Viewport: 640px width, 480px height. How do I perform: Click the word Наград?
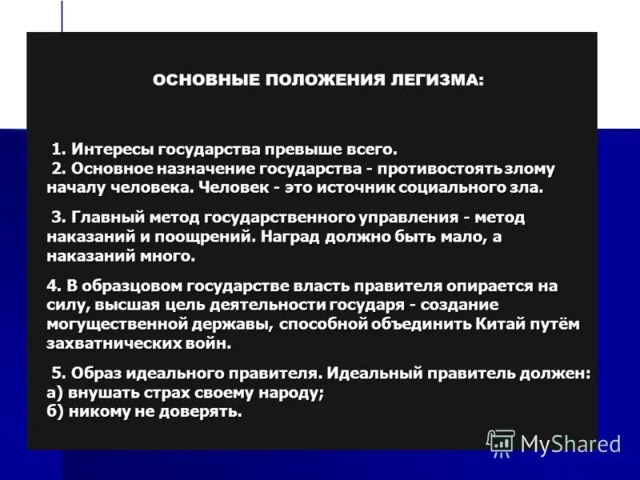(x=293, y=238)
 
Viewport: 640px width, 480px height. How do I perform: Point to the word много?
(x=170, y=257)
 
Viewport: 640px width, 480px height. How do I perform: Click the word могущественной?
(x=103, y=324)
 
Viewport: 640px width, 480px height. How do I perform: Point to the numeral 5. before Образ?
(x=58, y=374)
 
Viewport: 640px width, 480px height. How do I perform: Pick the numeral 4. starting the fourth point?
(x=53, y=286)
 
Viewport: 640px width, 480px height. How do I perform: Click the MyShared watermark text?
(x=570, y=443)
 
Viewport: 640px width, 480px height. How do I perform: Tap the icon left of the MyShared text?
(x=501, y=442)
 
